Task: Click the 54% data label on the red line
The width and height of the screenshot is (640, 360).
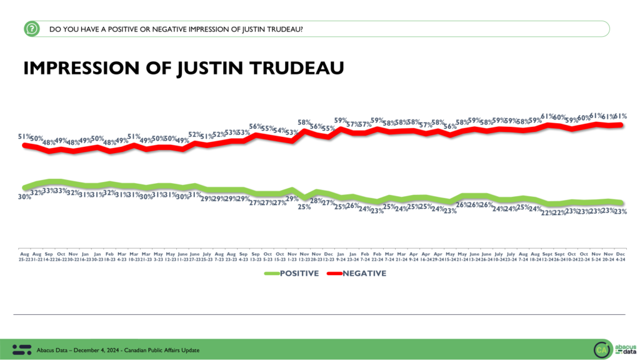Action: coord(279,129)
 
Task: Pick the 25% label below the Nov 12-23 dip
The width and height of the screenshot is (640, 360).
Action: coord(304,207)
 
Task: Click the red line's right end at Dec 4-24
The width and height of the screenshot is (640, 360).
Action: coord(621,125)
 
